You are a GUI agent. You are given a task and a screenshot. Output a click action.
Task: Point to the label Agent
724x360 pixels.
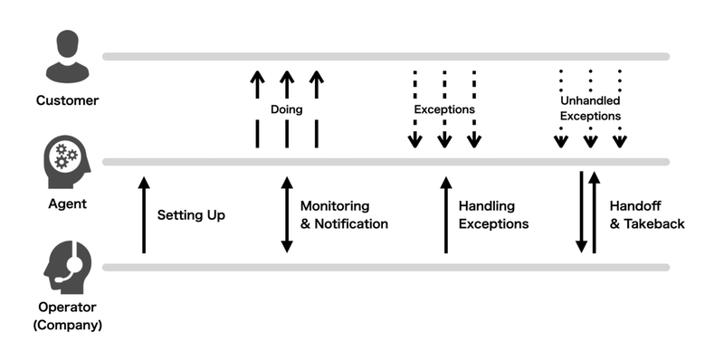coord(67,204)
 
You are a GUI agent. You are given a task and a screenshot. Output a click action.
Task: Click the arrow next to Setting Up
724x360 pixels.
coord(143,215)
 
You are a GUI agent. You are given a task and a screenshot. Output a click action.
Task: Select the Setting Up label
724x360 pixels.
coord(191,215)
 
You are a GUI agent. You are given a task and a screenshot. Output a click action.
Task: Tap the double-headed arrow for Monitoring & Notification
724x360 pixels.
coord(287,215)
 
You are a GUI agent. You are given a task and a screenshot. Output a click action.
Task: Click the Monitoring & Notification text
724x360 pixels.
coord(344,215)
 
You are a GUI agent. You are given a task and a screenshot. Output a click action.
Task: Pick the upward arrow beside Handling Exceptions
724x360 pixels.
coord(445,215)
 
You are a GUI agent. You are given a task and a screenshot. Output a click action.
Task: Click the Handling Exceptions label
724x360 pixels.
coord(493,215)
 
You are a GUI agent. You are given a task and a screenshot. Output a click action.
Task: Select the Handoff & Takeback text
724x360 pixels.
coord(647,215)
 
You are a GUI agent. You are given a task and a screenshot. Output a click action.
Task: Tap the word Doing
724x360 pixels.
coord(287,109)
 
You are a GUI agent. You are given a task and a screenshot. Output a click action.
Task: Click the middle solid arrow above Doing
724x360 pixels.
coord(287,87)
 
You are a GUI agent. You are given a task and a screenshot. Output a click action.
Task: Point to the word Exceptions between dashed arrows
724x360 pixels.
coord(444,109)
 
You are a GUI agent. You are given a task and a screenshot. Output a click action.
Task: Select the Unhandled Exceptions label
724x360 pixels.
coord(590,109)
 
